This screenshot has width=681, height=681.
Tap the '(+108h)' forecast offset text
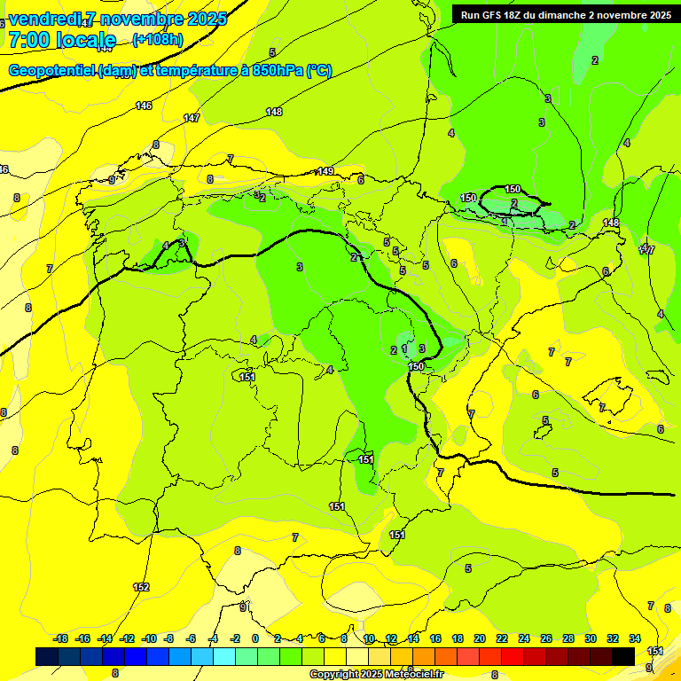(158, 39)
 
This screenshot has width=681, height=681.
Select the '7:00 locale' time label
(62, 40)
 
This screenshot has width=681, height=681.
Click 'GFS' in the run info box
(497, 14)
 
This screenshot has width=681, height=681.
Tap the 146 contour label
(144, 106)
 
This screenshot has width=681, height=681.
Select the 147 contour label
(192, 118)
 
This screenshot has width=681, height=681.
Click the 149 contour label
(325, 171)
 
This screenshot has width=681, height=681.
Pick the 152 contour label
(141, 587)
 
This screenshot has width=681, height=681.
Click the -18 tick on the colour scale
(61, 638)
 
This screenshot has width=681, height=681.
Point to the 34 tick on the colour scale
(635, 638)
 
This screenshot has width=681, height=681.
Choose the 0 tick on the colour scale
(255, 638)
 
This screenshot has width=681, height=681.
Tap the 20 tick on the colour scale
(480, 638)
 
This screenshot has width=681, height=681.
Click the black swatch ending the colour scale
(623, 656)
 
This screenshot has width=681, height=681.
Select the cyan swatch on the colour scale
(224, 656)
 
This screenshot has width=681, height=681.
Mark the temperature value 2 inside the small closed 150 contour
(514, 203)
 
